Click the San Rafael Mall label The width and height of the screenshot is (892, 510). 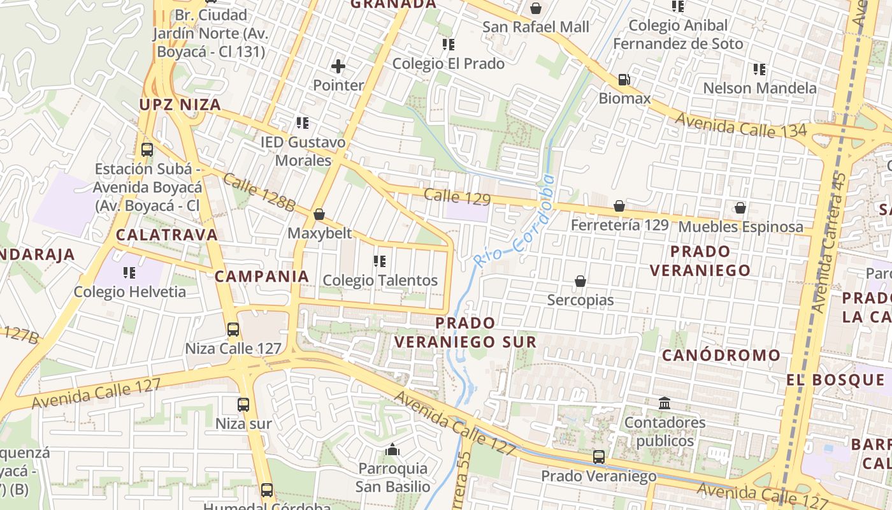coord(535,27)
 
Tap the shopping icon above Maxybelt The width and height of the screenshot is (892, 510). coord(319,214)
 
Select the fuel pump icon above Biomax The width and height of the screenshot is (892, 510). coord(624,80)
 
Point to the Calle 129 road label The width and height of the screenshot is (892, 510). coord(457,197)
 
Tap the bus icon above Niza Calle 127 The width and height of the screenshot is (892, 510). coord(233,330)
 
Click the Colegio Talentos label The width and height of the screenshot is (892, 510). coord(380,280)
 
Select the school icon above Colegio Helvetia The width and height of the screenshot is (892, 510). coord(129,273)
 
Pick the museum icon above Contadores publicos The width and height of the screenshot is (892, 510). coord(665,403)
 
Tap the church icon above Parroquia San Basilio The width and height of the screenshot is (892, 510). coord(392,450)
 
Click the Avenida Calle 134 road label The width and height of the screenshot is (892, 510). coord(740,125)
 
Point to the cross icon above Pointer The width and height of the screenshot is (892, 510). coord(338,66)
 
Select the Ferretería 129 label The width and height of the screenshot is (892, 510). coord(619,225)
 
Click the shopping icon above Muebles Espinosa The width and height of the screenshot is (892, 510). coord(740,208)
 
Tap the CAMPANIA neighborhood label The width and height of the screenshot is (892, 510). coord(261,276)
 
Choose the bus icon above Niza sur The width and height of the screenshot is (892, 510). coord(243,404)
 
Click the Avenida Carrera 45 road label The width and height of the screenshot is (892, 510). coord(829,242)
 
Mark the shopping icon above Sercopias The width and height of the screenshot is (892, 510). coord(580,281)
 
